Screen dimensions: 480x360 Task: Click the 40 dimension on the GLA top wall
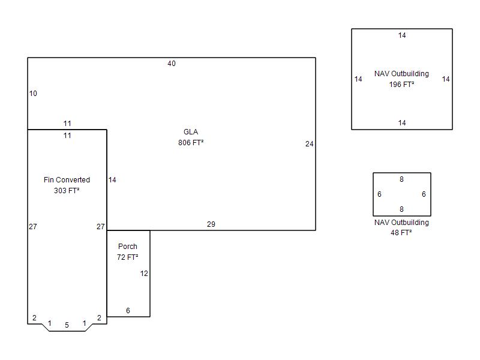(172, 64)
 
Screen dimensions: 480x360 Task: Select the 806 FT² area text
(191, 142)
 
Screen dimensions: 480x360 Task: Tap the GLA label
(191, 131)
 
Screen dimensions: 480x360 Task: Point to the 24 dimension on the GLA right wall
(309, 143)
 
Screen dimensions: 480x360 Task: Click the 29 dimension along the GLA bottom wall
(211, 224)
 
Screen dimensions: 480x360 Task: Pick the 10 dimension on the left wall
(33, 94)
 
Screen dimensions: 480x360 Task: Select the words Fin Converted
(67, 179)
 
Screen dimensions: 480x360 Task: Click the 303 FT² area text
(67, 190)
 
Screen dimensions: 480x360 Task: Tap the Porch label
(128, 246)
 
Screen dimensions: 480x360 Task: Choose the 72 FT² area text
(128, 257)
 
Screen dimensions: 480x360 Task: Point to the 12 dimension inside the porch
(144, 274)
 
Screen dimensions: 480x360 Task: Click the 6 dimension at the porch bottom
(128, 310)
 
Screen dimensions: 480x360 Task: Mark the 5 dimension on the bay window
(67, 325)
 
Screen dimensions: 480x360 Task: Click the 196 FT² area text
(401, 84)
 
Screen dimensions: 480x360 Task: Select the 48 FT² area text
(401, 233)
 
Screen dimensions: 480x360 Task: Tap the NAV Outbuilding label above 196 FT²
(401, 73)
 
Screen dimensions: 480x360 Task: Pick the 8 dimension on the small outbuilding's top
(401, 179)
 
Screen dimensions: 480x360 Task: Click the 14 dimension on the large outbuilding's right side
(446, 79)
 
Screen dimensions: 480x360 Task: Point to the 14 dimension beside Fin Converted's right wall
(112, 179)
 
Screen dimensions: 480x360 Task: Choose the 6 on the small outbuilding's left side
(379, 194)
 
